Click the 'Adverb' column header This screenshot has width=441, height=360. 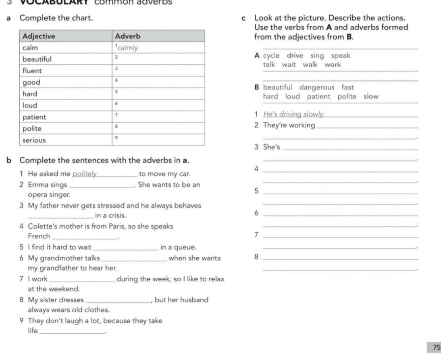tap(128, 36)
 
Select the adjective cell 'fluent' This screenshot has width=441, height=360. tap(32, 71)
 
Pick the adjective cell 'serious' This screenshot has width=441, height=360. tap(34, 140)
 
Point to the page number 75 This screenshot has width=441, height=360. tap(435, 348)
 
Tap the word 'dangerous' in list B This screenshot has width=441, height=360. tap(317, 87)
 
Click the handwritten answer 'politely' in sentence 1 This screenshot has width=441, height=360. tap(85, 174)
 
